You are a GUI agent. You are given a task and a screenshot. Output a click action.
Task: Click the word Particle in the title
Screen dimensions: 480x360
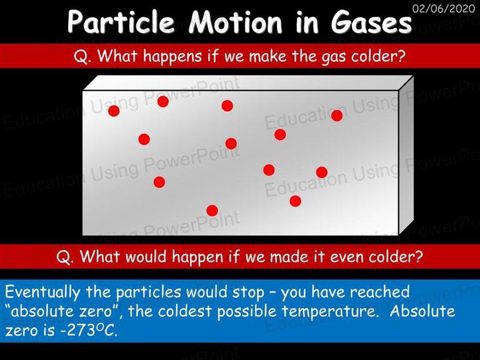coord(121,21)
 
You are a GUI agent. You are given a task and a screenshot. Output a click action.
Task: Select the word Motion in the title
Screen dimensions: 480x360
coord(235,21)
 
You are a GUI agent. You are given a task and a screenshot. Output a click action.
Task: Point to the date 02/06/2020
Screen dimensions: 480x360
coord(443,8)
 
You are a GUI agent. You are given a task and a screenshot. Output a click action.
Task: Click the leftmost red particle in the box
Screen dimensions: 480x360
coord(114,111)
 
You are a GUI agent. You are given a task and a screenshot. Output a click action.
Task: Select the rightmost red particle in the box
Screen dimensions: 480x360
coord(337,116)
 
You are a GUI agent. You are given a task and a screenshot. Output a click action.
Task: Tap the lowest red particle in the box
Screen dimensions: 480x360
coord(212,211)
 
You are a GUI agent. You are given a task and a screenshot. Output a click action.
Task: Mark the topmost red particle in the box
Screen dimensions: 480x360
coord(163,101)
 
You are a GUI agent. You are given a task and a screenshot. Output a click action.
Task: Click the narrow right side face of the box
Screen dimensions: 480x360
coord(406,155)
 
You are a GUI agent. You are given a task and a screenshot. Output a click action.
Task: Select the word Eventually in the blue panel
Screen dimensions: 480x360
coord(42,292)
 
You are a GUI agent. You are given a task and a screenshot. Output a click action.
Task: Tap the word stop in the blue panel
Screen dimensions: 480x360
coord(248,292)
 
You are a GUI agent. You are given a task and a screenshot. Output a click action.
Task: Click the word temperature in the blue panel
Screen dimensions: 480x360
coord(329,312)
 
